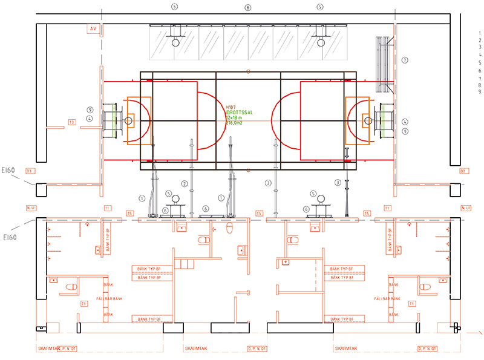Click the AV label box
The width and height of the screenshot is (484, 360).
pyautogui.click(x=93, y=29)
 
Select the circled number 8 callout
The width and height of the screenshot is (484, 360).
pyautogui.click(x=247, y=7)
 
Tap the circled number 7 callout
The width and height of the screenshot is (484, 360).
pyautogui.click(x=405, y=60)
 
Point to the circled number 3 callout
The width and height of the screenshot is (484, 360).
pyautogui.click(x=338, y=182)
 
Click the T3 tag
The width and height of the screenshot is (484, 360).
pyautogui.click(x=71, y=122)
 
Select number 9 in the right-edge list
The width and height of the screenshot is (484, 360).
pyautogui.click(x=479, y=93)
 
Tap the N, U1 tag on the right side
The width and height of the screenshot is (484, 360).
pyautogui.click(x=466, y=208)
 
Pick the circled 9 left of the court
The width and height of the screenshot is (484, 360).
pyautogui.click(x=89, y=110)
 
